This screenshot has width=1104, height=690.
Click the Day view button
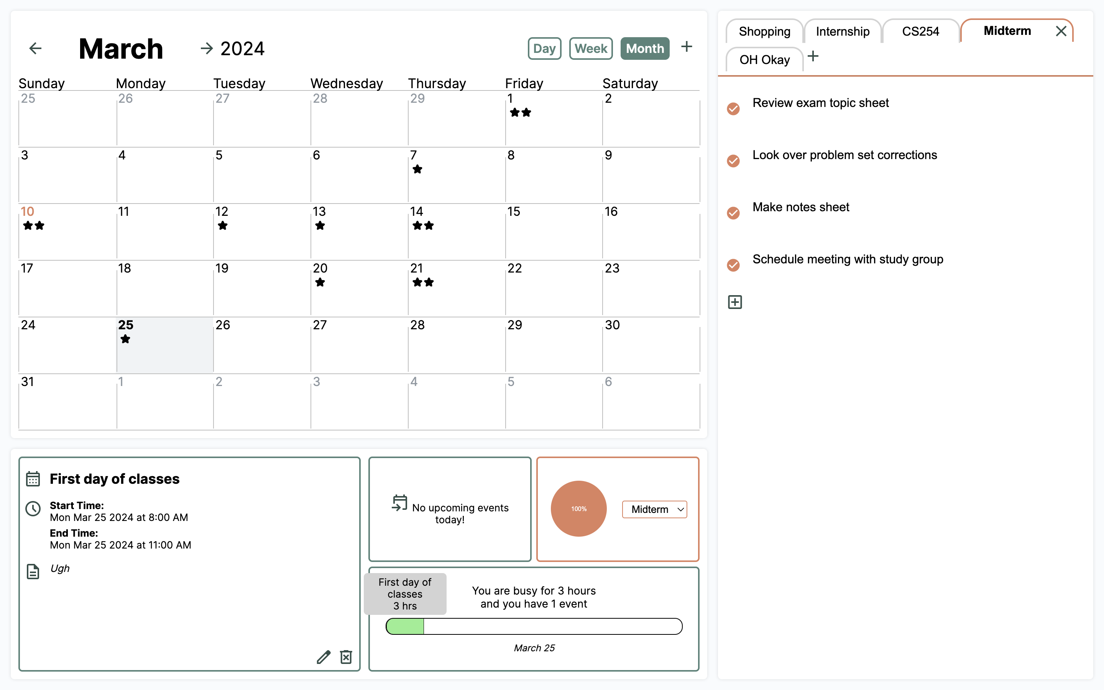pyautogui.click(x=544, y=48)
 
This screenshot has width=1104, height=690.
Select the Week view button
pyautogui.click(x=591, y=48)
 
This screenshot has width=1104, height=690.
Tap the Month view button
pyautogui.click(x=645, y=48)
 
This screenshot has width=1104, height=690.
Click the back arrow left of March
pyautogui.click(x=35, y=48)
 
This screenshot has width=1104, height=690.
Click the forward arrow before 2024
pyautogui.click(x=207, y=48)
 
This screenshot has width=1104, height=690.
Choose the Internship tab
pyautogui.click(x=842, y=31)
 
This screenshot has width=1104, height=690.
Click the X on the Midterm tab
pyautogui.click(x=1061, y=31)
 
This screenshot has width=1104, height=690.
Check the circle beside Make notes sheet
pyautogui.click(x=733, y=213)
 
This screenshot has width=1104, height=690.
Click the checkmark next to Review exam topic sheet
pyautogui.click(x=733, y=109)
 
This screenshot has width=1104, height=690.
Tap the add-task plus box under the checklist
pyautogui.click(x=734, y=302)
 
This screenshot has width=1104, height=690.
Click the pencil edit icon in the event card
pyautogui.click(x=324, y=657)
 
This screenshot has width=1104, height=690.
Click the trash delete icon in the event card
pyautogui.click(x=346, y=657)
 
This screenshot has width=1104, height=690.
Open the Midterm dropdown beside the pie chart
pyautogui.click(x=654, y=509)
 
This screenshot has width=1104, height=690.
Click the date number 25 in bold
pyautogui.click(x=125, y=325)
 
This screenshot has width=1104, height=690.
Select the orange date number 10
pyautogui.click(x=27, y=212)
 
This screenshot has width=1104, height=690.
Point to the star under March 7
pyautogui.click(x=417, y=169)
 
